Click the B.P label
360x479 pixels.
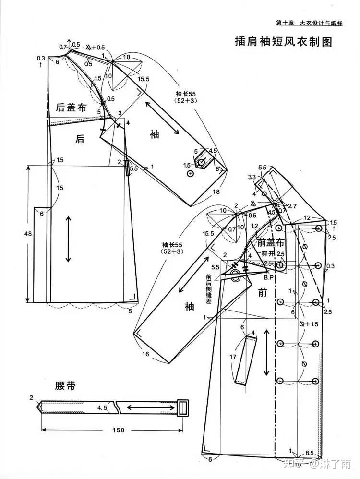click(x=269, y=277)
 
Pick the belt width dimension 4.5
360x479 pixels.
click(x=102, y=408)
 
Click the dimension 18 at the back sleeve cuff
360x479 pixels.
click(x=216, y=192)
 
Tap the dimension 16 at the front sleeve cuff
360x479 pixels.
click(x=145, y=354)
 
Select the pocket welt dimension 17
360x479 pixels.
click(x=233, y=357)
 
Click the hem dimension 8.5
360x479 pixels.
click(x=310, y=453)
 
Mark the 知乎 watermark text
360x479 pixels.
click(x=297, y=464)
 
